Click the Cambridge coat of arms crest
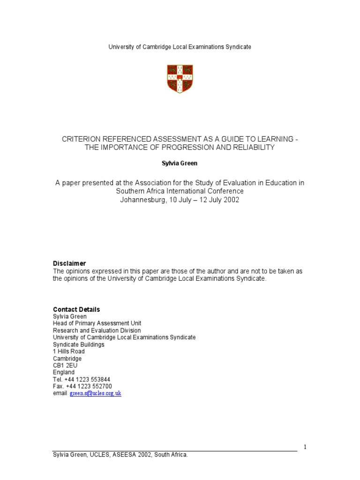click(180, 79)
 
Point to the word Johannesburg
click(142, 200)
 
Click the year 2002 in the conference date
click(231, 200)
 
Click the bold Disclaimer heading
click(69, 263)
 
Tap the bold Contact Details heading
click(76, 309)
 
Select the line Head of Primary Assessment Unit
click(97, 323)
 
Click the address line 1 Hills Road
click(69, 352)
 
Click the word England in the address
click(64, 373)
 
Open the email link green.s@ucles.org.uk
click(96, 393)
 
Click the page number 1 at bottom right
click(305, 447)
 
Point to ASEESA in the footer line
click(124, 455)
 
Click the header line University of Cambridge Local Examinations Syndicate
click(180, 47)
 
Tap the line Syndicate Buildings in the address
click(79, 345)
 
